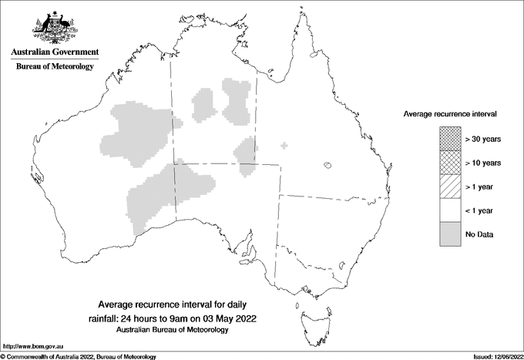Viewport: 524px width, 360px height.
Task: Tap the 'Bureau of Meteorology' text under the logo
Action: (x=54, y=67)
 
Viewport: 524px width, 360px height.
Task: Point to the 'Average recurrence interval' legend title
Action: (x=449, y=113)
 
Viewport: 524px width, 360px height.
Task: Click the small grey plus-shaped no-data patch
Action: (x=285, y=145)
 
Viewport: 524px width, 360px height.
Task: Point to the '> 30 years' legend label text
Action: (x=483, y=139)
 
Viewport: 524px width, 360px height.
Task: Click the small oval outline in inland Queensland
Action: (x=328, y=164)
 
